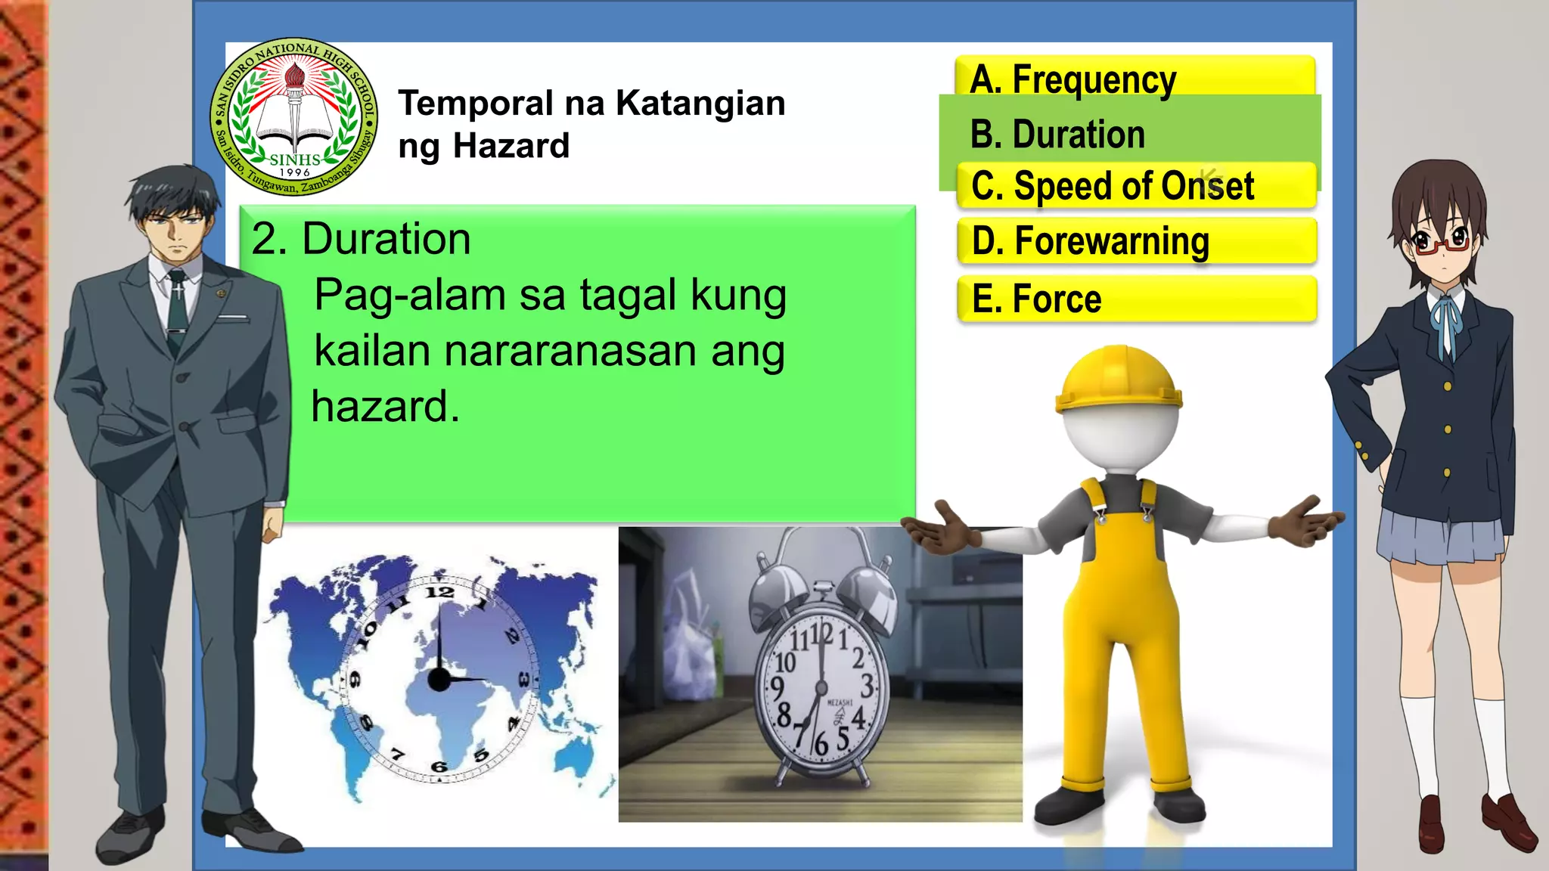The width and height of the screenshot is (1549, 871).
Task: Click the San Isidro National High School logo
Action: pyautogui.click(x=294, y=116)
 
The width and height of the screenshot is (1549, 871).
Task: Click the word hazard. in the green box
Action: pyautogui.click(x=385, y=407)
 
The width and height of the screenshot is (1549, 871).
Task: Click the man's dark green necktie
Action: pyautogui.click(x=177, y=310)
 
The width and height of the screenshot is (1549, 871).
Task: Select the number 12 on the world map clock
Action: pyautogui.click(x=439, y=592)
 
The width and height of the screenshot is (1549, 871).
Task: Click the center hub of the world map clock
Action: pyautogui.click(x=439, y=679)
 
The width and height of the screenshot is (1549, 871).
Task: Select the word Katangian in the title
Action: pyautogui.click(x=700, y=103)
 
